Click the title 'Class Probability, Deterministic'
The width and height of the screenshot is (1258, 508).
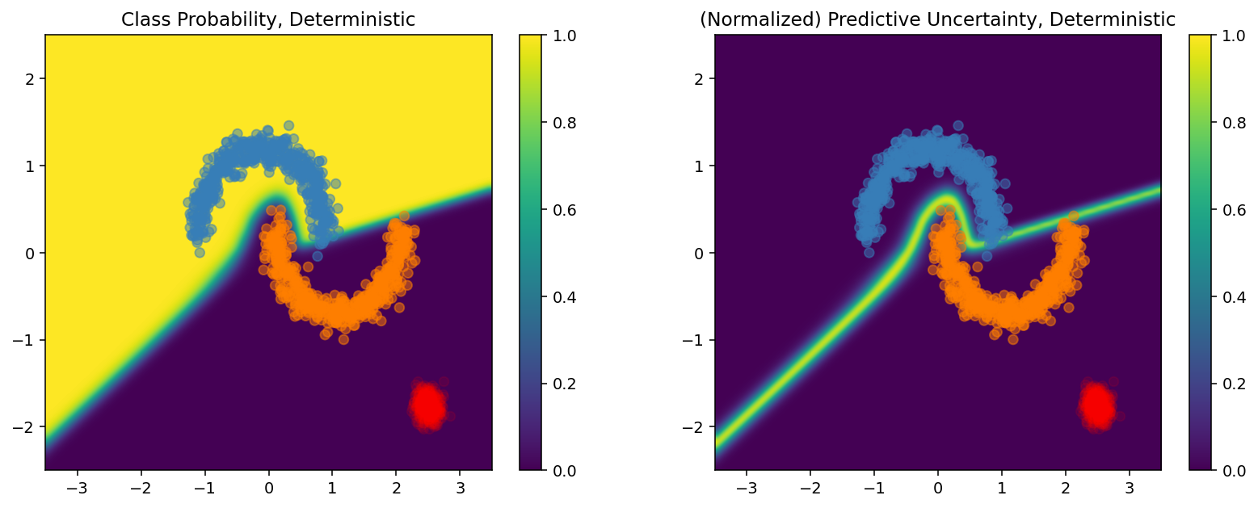[268, 20]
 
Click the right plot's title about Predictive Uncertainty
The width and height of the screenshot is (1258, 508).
[937, 20]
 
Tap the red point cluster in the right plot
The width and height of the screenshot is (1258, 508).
[1096, 405]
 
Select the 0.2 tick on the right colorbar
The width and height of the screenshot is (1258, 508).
[1218, 383]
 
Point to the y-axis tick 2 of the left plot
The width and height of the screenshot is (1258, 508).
[30, 78]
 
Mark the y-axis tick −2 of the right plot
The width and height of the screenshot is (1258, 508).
[694, 426]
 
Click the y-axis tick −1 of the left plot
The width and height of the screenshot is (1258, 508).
[24, 339]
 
